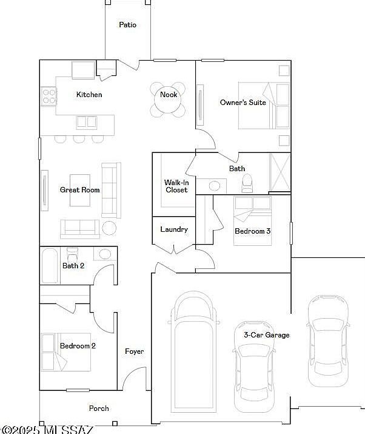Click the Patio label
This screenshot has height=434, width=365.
[127, 25]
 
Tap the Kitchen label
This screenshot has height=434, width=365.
[89, 94]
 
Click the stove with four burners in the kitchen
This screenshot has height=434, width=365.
[49, 96]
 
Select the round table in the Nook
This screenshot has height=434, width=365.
[168, 100]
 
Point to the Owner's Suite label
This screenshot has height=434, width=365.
[243, 103]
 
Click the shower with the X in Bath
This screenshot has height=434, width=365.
[280, 172]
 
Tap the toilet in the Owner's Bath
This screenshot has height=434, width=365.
[247, 183]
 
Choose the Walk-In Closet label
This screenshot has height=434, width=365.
[176, 186]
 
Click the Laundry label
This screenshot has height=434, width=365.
[174, 229]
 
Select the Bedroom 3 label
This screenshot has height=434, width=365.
[252, 231]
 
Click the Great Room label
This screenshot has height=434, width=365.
[79, 189]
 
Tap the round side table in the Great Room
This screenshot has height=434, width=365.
[109, 228]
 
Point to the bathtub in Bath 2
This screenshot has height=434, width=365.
[50, 266]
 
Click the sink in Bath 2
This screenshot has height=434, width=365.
[104, 254]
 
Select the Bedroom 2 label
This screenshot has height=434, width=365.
[78, 346]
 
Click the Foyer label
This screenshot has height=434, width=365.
[135, 351]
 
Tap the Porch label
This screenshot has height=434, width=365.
[99, 409]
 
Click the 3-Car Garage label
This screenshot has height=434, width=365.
[267, 335]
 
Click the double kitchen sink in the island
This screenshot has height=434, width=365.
[87, 123]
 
